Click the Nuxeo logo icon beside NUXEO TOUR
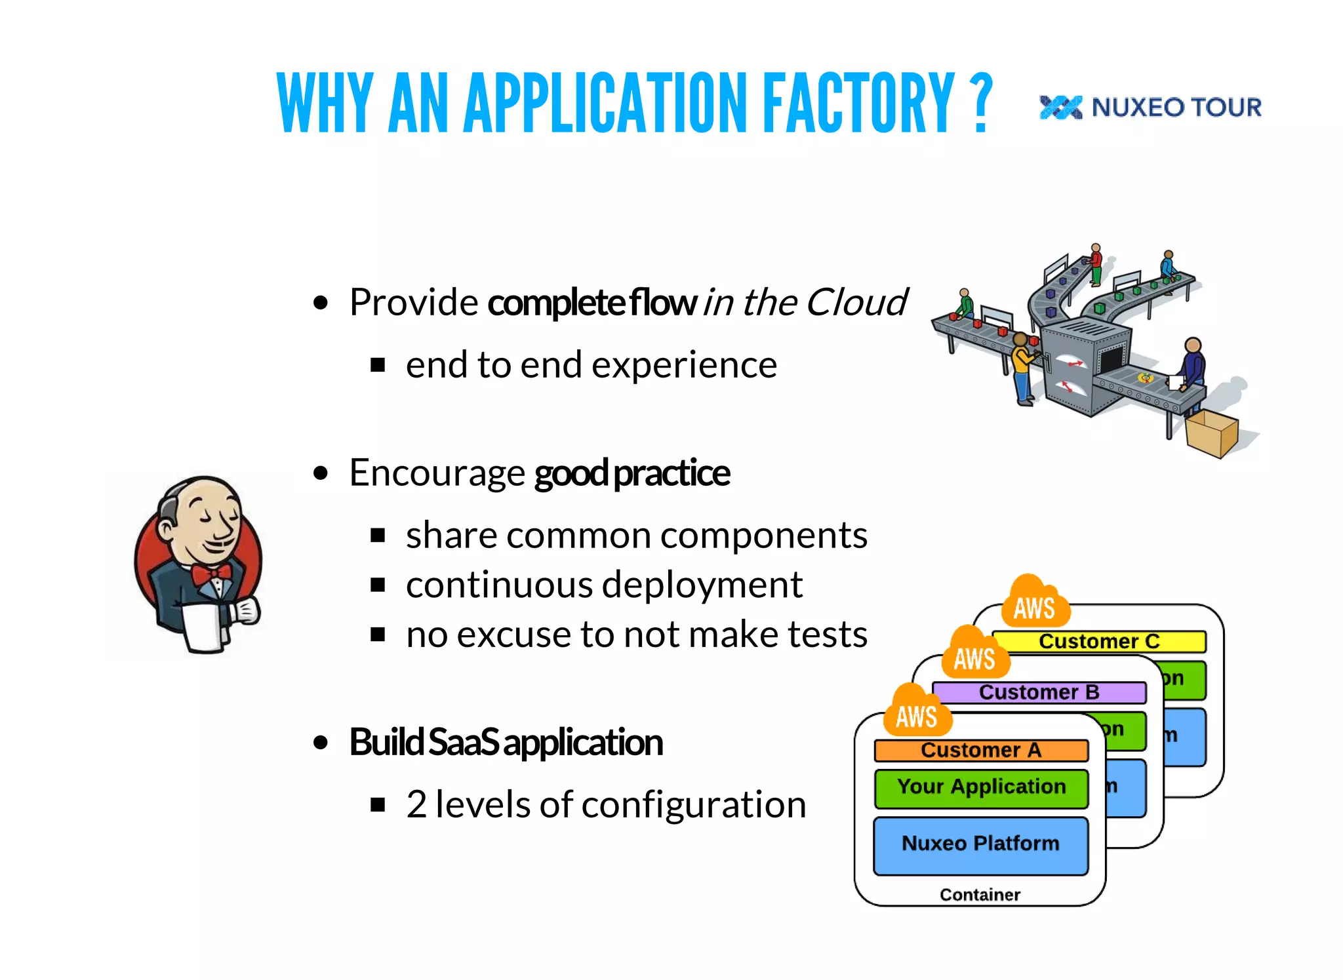coord(1060,108)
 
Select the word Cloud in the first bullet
coord(856,302)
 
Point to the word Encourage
coord(437,473)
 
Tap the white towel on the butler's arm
coord(205,627)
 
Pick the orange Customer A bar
coord(980,750)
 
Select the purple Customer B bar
coord(1039,692)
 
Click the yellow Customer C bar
coord(1099,641)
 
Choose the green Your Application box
coord(980,787)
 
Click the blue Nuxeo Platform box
coord(980,844)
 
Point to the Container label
coord(980,895)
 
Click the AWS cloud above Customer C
coord(1034,604)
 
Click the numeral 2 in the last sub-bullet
coord(416,805)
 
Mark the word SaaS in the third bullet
coord(464,743)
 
